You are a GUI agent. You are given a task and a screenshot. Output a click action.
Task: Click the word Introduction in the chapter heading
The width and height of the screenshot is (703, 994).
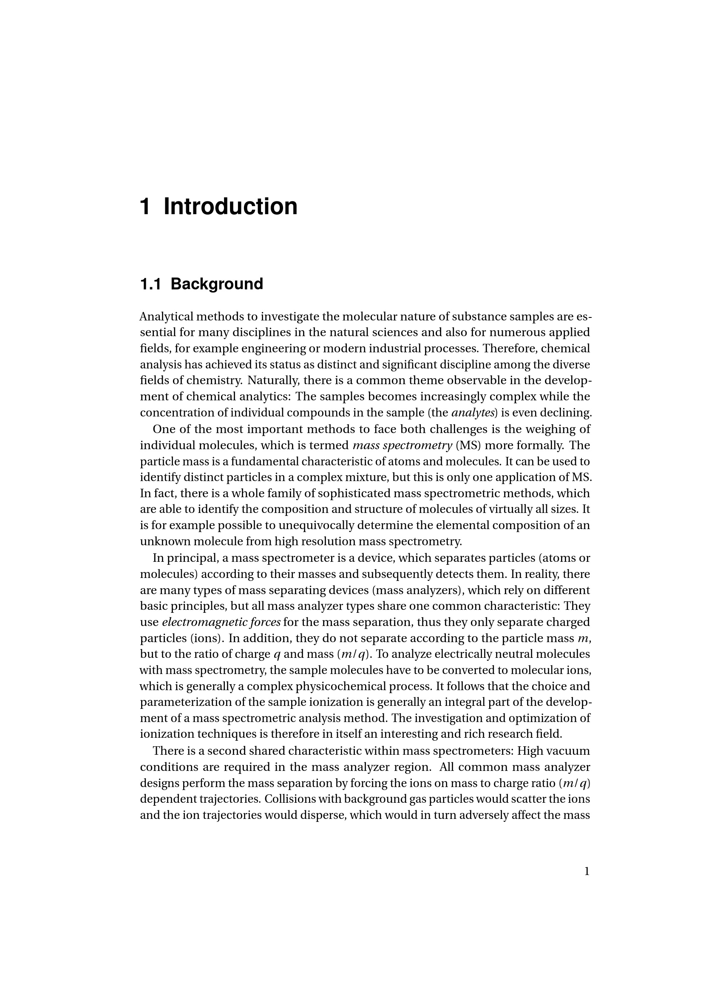[230, 207]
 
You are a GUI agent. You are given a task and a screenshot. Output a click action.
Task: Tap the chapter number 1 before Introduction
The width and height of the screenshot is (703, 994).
[145, 207]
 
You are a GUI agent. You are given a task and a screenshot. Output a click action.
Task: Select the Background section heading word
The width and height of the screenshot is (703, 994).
[217, 284]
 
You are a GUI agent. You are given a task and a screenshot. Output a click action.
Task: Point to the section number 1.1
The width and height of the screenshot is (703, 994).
[150, 284]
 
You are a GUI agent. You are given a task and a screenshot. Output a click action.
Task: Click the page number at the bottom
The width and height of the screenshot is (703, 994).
[587, 872]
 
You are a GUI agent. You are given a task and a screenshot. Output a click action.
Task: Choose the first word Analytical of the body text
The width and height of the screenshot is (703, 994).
[166, 317]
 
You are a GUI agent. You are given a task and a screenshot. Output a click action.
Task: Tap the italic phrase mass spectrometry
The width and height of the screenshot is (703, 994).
[403, 445]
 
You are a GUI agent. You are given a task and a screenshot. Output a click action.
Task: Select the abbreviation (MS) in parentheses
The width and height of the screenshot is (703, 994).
[468, 445]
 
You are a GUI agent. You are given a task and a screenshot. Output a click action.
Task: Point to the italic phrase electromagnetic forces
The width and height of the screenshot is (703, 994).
[221, 622]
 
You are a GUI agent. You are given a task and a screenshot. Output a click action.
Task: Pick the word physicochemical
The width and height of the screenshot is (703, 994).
[341, 686]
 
